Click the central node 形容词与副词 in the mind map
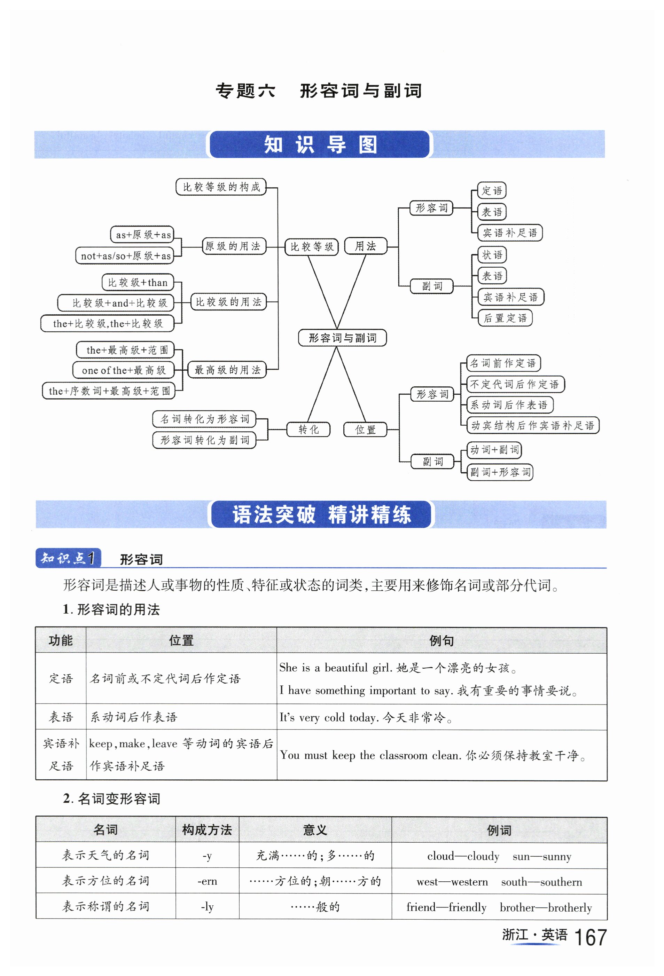[x=342, y=338]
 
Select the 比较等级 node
[x=312, y=246]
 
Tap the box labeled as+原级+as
[x=143, y=235]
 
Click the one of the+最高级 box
[x=124, y=370]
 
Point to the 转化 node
[x=308, y=429]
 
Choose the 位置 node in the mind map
[x=365, y=430]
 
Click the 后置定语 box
[x=505, y=318]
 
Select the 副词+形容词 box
[x=500, y=472]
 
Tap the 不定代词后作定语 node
[x=515, y=384]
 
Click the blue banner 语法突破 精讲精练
[x=321, y=514]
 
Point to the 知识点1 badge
[x=68, y=558]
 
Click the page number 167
[x=590, y=938]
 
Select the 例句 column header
[x=441, y=640]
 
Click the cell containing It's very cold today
[x=441, y=717]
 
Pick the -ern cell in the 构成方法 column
[x=207, y=881]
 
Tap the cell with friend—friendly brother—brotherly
[x=499, y=907]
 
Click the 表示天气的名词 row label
[x=106, y=856]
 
